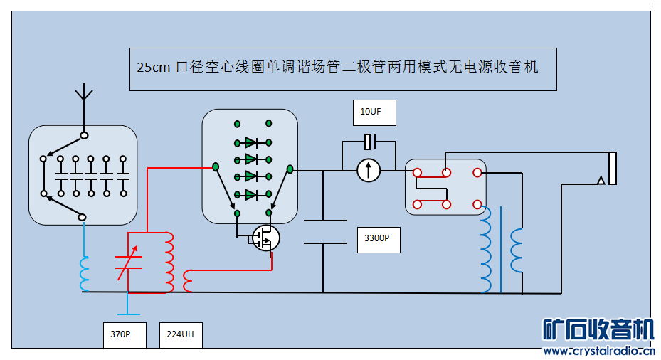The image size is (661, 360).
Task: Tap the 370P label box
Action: pyautogui.click(x=125, y=334)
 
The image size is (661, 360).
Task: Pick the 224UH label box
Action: pyautogui.click(x=181, y=334)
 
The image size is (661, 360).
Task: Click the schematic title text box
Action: pyautogui.click(x=342, y=69)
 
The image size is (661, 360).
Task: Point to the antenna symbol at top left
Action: pyautogui.click(x=84, y=92)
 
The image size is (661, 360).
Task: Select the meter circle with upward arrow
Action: pyautogui.click(x=369, y=171)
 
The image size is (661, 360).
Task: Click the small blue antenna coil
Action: pyautogui.click(x=85, y=275)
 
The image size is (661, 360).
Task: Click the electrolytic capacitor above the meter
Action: pyautogui.click(x=369, y=142)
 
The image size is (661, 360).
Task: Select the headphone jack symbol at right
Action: pyautogui.click(x=610, y=169)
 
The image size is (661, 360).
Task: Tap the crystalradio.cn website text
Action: pyautogui.click(x=598, y=351)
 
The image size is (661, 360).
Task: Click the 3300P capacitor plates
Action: pyautogui.click(x=324, y=232)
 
